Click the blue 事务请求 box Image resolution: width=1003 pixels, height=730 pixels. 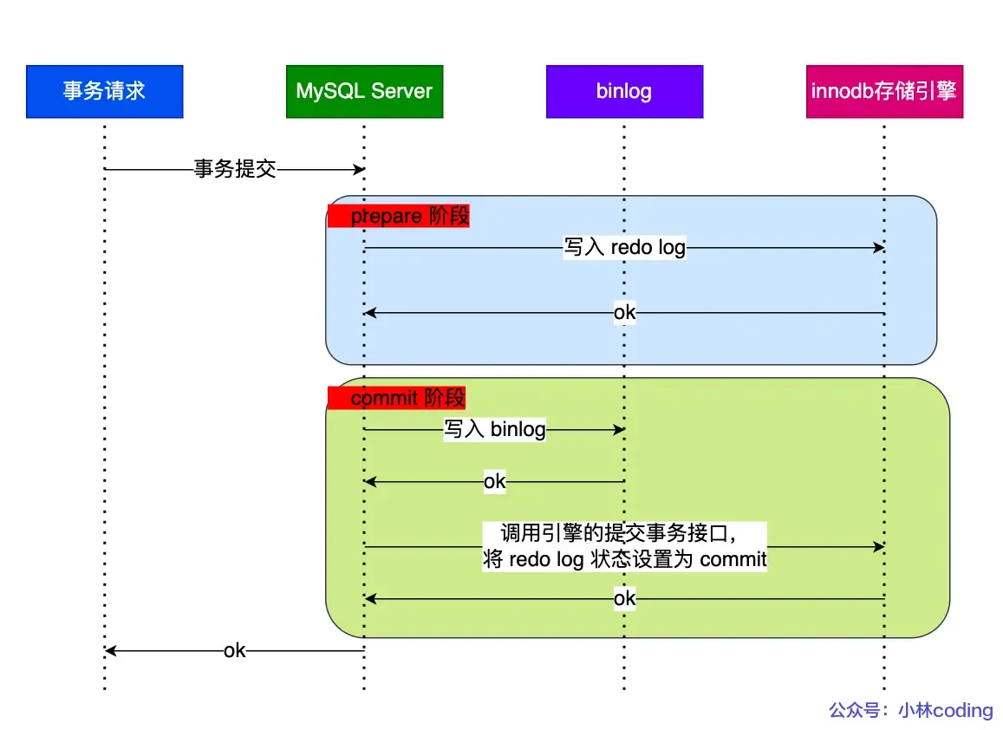[104, 91]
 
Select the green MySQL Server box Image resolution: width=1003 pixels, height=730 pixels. [364, 91]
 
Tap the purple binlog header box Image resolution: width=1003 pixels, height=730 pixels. [624, 91]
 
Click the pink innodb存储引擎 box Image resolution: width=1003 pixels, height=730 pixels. [884, 91]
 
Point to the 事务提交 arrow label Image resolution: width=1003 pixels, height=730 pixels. [234, 170]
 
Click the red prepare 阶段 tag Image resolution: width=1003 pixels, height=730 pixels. [399, 216]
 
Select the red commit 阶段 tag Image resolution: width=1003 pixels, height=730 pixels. [397, 398]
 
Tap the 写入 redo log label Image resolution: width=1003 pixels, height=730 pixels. [624, 248]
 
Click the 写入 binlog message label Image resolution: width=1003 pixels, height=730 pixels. [495, 430]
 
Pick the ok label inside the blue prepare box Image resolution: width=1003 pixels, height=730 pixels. [624, 313]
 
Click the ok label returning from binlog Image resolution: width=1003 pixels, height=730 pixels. [494, 482]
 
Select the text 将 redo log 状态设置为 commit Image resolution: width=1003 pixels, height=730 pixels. [624, 559]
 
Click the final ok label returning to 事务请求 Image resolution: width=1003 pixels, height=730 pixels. [234, 651]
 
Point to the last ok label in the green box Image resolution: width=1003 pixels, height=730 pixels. [624, 599]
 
